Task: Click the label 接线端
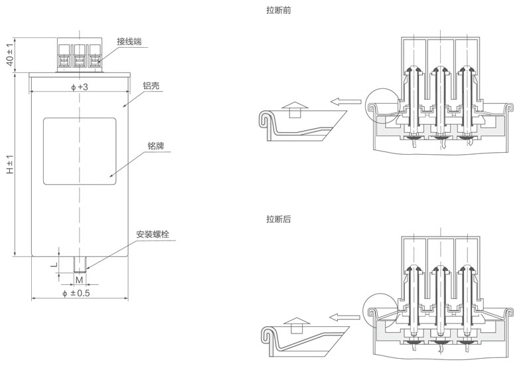click(129, 41)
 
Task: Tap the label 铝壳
click(151, 86)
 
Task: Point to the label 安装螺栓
click(153, 234)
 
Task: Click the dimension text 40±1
click(10, 54)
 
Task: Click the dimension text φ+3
click(79, 87)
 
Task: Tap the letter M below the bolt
click(78, 280)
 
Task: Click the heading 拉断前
click(278, 10)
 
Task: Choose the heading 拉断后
click(278, 219)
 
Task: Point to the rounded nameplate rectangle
click(80, 151)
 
